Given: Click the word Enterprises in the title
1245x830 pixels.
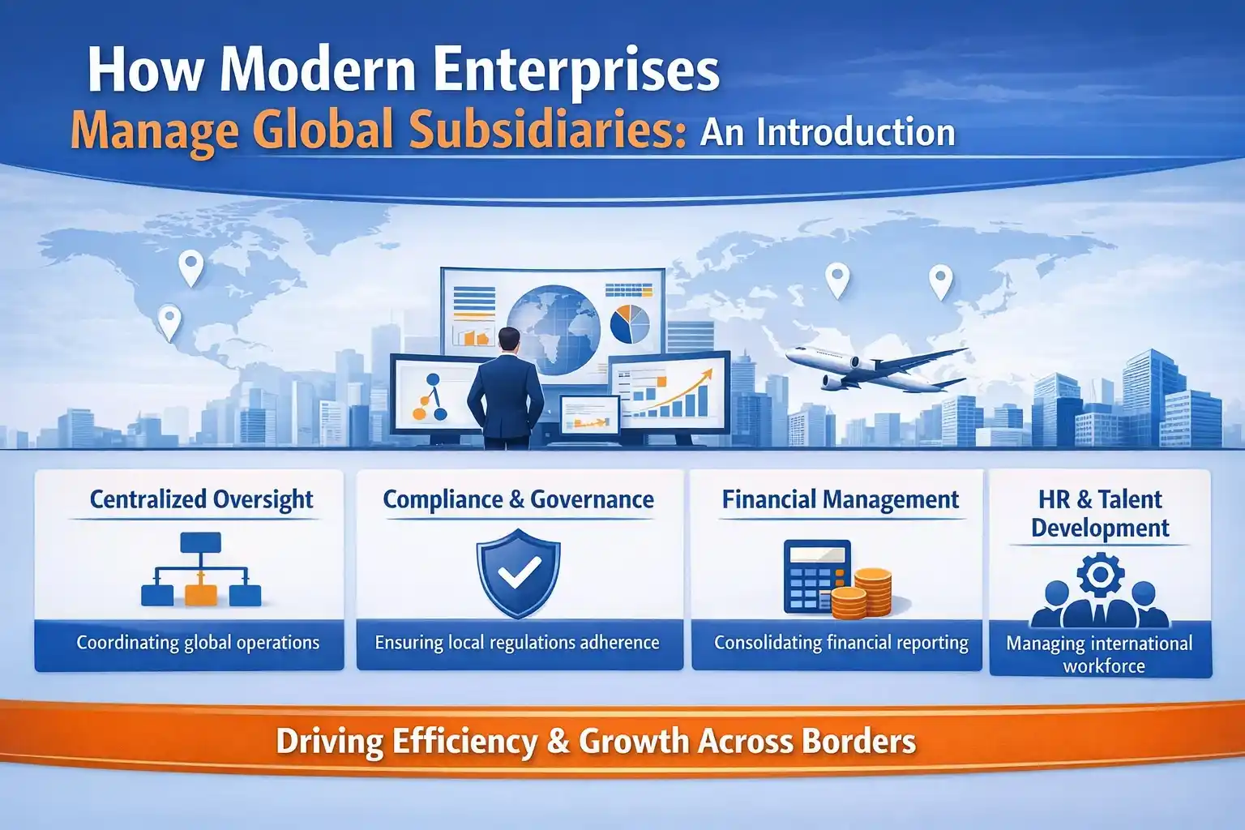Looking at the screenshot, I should coord(576,71).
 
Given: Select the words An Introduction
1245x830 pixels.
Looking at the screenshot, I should coord(827,132).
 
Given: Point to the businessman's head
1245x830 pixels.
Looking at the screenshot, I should coord(509,340).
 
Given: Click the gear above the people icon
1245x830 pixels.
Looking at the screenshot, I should coord(1100,575).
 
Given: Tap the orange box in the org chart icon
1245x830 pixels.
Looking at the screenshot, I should coord(201,595).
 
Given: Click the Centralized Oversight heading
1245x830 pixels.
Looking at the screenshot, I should coord(201,499).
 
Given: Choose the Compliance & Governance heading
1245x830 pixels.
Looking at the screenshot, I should coord(518,499).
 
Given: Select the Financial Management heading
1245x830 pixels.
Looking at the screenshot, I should coord(841,499).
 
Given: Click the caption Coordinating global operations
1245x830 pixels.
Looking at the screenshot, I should coord(198,643).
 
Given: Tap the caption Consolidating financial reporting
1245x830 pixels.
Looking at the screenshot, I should coord(841,643).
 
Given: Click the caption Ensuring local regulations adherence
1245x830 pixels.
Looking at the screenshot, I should coord(517,643).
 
